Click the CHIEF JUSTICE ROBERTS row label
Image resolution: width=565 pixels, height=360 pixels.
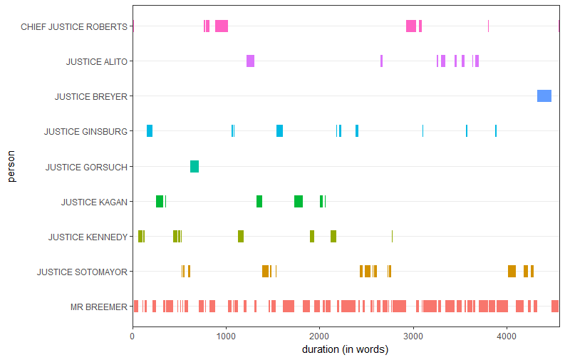[x=74, y=26]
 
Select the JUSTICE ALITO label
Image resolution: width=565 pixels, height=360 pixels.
[x=97, y=61]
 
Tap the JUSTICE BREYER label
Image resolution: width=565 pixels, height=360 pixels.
[x=91, y=96]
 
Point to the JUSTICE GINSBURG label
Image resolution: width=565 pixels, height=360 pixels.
[x=85, y=131]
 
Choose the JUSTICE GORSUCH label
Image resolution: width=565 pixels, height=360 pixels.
[x=86, y=167]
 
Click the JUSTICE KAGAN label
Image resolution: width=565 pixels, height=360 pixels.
[x=94, y=202]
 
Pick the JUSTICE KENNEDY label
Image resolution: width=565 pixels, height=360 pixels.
[x=88, y=237]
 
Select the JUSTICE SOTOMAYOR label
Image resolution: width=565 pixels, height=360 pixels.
[x=82, y=272]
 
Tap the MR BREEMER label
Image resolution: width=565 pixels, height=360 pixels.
[x=98, y=307]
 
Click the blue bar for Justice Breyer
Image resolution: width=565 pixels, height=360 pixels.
[x=544, y=96]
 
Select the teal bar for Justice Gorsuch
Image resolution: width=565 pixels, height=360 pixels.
[x=195, y=167]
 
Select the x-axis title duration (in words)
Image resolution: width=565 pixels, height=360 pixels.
[x=345, y=349]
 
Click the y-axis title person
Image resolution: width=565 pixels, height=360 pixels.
[x=11, y=166]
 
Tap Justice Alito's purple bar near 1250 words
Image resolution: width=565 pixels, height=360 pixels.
[x=250, y=61]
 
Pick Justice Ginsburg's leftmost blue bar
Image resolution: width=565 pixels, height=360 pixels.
[x=150, y=131]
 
